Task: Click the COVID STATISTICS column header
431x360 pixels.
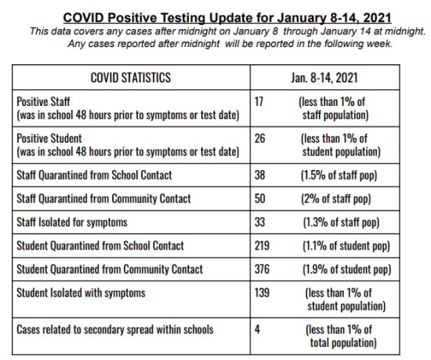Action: point(131,78)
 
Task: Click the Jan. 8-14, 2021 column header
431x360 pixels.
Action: point(324,78)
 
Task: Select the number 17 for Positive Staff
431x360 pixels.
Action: point(259,101)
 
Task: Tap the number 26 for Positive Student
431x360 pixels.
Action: point(259,138)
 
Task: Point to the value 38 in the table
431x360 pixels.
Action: point(259,175)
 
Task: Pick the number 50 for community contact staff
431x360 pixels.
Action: point(259,198)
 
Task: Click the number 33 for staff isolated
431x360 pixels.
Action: point(259,222)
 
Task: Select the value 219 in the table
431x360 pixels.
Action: point(262,245)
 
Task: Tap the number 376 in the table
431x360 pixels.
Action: point(262,269)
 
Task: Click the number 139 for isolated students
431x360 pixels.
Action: point(262,293)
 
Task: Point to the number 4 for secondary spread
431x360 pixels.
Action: point(257,329)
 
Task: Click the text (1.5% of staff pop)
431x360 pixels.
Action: point(339,176)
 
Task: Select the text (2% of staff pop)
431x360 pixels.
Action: point(336,199)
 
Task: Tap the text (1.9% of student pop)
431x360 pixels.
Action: point(346,270)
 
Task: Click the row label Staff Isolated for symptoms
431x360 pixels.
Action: point(72,223)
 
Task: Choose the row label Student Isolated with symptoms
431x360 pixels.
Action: point(81,293)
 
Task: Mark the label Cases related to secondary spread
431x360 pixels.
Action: point(115,330)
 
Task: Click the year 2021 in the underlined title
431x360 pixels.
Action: point(377,18)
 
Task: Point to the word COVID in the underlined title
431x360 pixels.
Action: point(84,18)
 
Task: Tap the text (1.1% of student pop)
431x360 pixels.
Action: point(346,246)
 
